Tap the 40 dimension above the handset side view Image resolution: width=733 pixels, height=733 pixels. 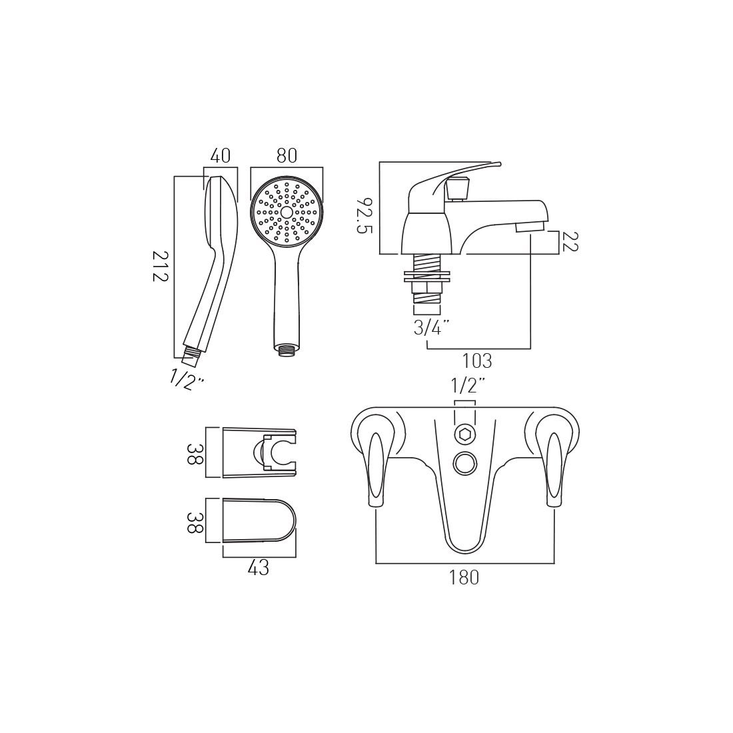coord(221,156)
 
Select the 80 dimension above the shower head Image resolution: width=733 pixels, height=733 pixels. coord(287,156)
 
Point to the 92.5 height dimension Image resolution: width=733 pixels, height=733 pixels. coord(365,215)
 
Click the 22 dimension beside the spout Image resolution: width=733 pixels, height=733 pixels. coord(569,242)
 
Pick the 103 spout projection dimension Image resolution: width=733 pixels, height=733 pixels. coord(477,361)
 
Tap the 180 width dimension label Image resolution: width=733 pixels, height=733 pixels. coord(464,578)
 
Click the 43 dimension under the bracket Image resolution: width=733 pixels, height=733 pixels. coord(259,568)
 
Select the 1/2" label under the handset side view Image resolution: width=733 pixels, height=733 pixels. coord(187,380)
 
